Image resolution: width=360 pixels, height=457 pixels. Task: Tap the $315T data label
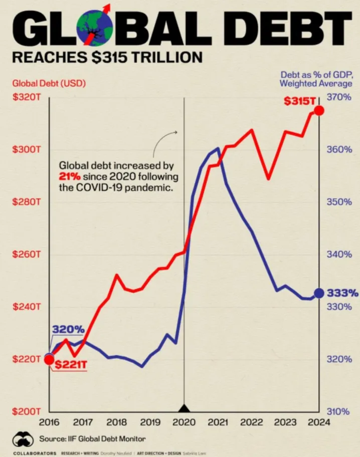[299, 101]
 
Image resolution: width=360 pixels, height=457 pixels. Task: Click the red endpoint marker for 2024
[319, 110]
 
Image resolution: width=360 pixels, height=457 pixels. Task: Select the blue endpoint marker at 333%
[319, 293]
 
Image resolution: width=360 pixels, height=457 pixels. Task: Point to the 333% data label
[342, 293]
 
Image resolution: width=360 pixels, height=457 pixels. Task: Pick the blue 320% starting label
[68, 330]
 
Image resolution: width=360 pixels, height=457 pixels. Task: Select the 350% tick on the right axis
[339, 202]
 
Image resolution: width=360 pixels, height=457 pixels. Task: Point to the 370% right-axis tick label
[339, 97]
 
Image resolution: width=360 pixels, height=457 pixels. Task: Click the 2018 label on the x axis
[116, 422]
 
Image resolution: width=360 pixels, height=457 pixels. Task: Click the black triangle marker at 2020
[184, 408]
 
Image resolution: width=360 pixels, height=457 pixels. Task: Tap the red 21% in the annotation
[69, 177]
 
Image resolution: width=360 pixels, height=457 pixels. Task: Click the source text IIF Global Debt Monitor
[95, 439]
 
